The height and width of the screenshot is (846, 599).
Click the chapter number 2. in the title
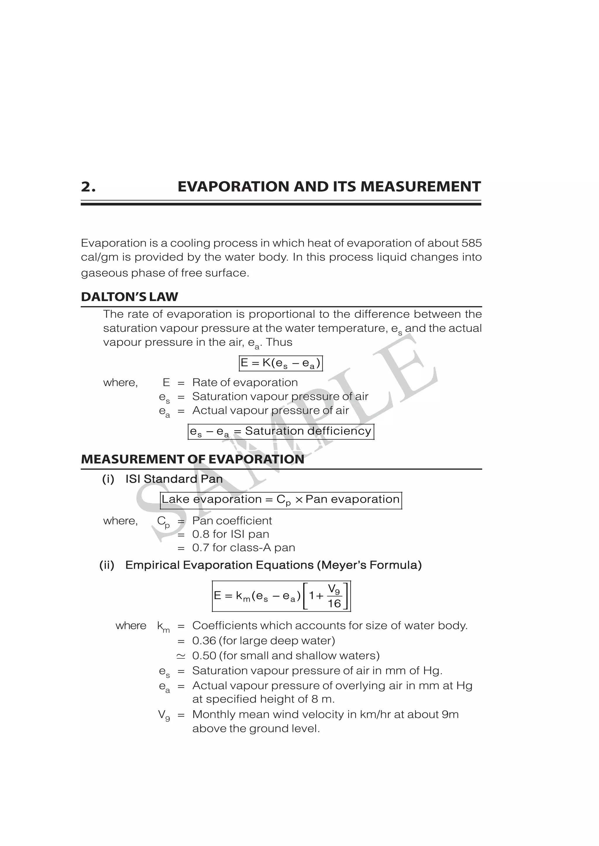point(88,187)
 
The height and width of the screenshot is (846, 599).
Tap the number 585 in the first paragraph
point(471,243)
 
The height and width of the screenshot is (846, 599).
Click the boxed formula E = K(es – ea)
point(281,363)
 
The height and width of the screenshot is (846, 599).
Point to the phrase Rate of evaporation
point(245,382)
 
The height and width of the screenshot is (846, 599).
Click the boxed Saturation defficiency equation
point(281,431)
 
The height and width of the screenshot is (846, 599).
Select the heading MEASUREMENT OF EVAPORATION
point(192,460)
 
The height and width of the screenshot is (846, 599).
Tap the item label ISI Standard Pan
point(174,479)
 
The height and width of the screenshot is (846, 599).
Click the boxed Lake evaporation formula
point(281,500)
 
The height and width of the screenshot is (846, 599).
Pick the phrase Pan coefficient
point(232,521)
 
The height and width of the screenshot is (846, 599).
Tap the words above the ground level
point(256,729)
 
